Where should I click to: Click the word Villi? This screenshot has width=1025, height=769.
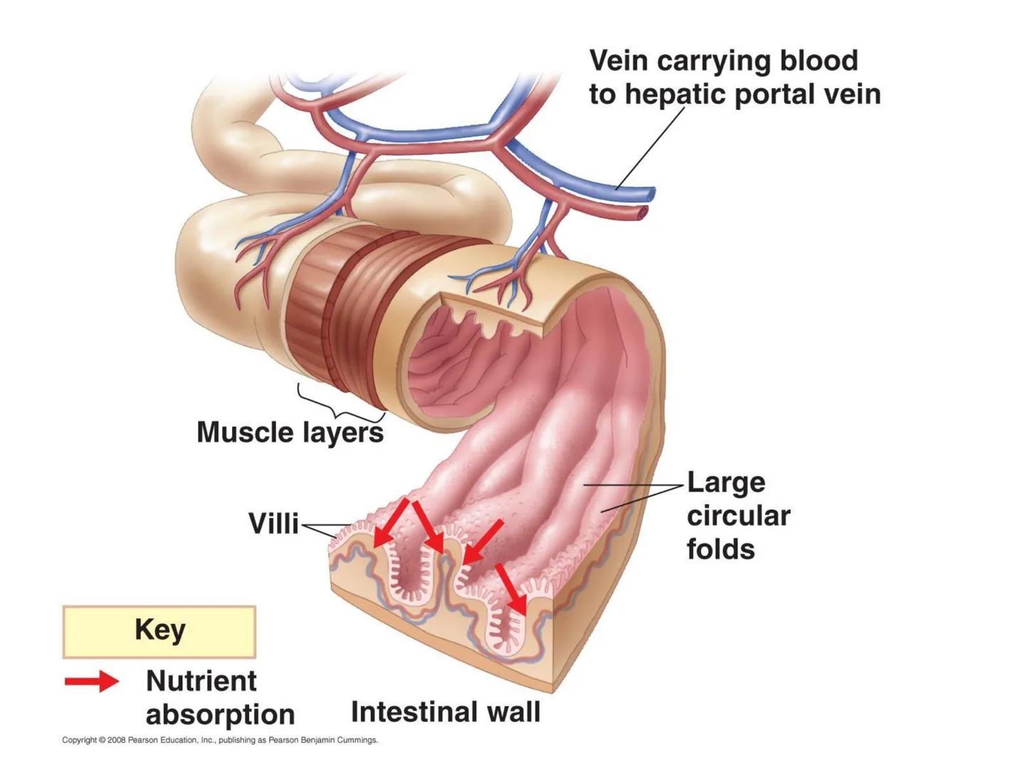(273, 523)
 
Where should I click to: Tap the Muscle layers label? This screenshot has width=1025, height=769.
(290, 432)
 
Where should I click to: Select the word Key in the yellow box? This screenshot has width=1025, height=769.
(159, 630)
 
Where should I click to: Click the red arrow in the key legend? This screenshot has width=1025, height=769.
(92, 681)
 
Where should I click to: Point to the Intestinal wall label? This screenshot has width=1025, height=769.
(446, 711)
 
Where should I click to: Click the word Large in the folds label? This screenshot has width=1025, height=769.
(725, 483)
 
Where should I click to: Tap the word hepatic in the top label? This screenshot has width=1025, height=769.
(683, 94)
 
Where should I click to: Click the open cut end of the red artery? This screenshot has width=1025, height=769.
(643, 211)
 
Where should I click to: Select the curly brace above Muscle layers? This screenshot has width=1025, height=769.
(340, 404)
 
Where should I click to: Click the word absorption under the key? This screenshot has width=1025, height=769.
(220, 714)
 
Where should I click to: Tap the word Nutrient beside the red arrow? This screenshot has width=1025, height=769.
(201, 681)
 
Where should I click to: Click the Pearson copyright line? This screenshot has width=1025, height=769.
(220, 741)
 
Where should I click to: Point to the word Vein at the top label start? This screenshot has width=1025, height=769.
(618, 61)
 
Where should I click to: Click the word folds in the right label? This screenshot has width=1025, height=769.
(720, 549)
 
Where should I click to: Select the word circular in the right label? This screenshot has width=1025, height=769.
(738, 516)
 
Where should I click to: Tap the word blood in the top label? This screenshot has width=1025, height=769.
(819, 61)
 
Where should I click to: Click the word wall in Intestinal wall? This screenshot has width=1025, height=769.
(510, 711)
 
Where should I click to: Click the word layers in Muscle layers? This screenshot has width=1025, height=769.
(343, 433)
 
